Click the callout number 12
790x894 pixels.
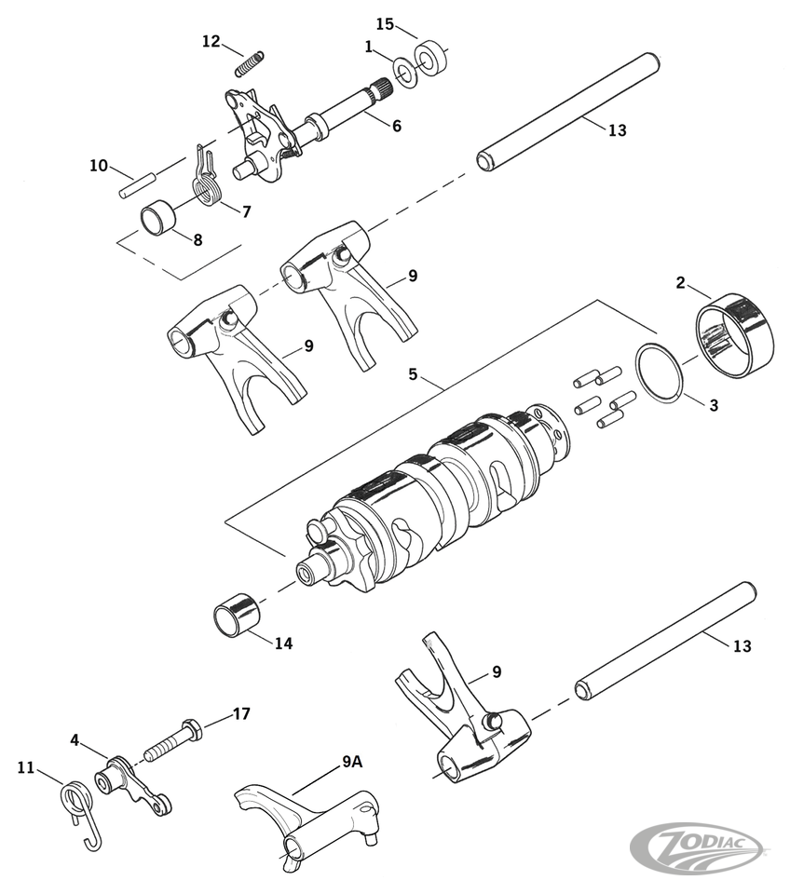pos(211,41)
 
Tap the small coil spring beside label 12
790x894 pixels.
pos(248,62)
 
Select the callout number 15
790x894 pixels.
pos(386,23)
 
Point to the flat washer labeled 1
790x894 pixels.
pos(404,73)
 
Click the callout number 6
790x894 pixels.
pos(397,125)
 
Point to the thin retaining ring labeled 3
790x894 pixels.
pos(662,375)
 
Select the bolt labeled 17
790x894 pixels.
pos(173,739)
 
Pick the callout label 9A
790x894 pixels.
pos(351,761)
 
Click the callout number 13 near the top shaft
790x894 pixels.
pos(617,130)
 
